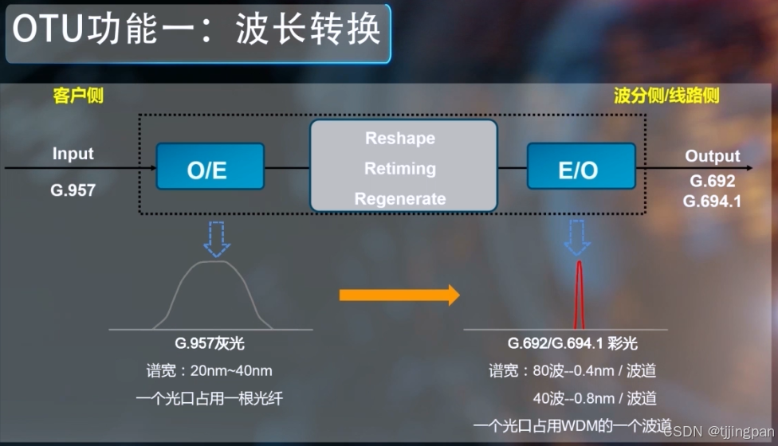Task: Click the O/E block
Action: [210, 170]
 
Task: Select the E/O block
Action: [580, 170]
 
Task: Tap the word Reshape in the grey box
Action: [400, 139]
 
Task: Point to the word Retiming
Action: [400, 169]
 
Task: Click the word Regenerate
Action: [400, 199]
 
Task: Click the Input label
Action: [73, 154]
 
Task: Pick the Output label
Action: [713, 156]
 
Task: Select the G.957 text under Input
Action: [73, 191]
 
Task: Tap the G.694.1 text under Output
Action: [713, 201]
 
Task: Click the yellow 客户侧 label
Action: [78, 96]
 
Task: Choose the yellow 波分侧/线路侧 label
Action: [666, 96]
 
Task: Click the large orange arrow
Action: [399, 295]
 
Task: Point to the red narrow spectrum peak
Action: [580, 295]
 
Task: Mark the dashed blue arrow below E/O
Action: [576, 237]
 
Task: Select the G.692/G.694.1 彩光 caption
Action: [573, 345]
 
